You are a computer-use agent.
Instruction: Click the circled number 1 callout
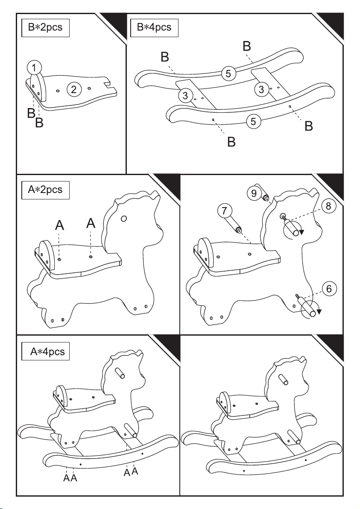[35, 68]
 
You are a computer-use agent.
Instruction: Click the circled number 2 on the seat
[74, 89]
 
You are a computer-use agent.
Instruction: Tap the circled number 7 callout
[224, 211]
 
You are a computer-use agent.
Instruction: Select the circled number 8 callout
[328, 206]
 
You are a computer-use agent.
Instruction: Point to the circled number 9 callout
[254, 193]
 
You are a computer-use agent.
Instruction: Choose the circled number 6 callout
[329, 289]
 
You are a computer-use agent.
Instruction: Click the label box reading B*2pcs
[45, 28]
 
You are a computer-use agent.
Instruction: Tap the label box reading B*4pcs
[154, 28]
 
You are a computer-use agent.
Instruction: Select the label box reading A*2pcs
[45, 190]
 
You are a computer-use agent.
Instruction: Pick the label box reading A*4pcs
[45, 351]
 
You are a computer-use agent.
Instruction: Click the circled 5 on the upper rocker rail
[228, 74]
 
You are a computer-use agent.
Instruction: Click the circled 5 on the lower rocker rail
[253, 122]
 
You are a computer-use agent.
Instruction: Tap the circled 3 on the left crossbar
[185, 96]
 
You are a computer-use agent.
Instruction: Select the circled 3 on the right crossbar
[261, 89]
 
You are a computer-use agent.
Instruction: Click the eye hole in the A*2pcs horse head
[124, 219]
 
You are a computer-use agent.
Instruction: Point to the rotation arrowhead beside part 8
[301, 232]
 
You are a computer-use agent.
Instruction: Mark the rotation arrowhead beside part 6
[319, 312]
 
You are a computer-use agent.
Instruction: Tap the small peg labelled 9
[264, 196]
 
